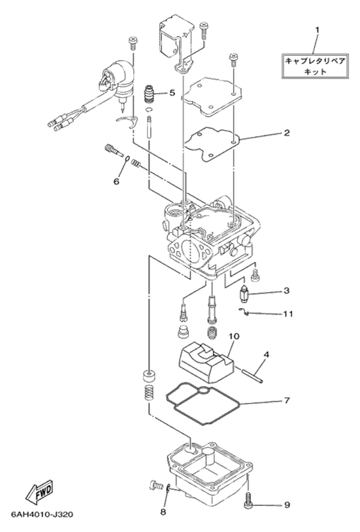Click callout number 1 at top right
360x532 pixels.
(x=317, y=29)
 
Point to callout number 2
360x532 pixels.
(x=287, y=133)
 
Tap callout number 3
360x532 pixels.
(x=287, y=291)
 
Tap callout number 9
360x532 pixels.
(x=287, y=505)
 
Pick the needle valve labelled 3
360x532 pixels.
(x=244, y=294)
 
